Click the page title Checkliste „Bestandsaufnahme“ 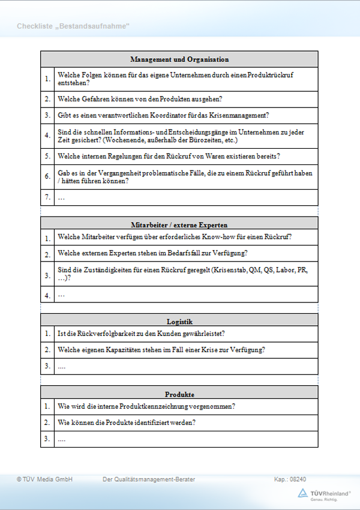[x=73, y=26]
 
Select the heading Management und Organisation [x=179, y=59]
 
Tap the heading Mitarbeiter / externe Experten [x=179, y=225]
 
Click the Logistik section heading [x=179, y=322]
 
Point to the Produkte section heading [x=179, y=394]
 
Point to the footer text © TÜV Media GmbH [x=45, y=479]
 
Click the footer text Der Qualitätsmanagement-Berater [x=149, y=479]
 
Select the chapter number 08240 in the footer [x=298, y=479]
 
